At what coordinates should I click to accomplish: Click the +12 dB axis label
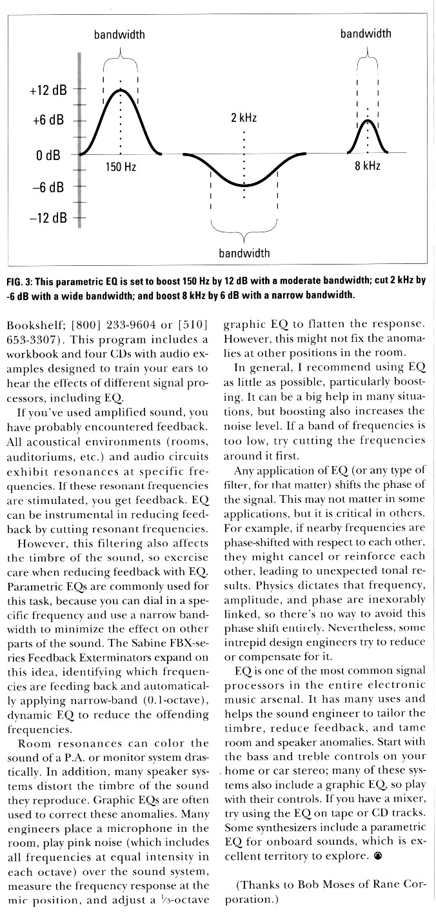pyautogui.click(x=48, y=90)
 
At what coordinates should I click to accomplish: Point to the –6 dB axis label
pyautogui.click(x=48, y=187)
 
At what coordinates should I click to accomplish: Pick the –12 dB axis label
pyautogui.click(x=48, y=217)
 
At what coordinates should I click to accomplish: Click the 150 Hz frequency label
pyautogui.click(x=121, y=167)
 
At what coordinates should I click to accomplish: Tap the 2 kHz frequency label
pyautogui.click(x=244, y=118)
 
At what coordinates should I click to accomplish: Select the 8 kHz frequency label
pyautogui.click(x=368, y=166)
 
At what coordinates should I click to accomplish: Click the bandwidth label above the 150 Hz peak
pyautogui.click(x=119, y=34)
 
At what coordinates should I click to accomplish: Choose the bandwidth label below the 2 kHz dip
pyautogui.click(x=244, y=253)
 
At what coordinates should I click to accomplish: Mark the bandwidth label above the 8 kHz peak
pyautogui.click(x=366, y=34)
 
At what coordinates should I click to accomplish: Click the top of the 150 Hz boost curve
pyautogui.click(x=121, y=90)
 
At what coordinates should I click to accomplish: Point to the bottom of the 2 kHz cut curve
pyautogui.click(x=244, y=185)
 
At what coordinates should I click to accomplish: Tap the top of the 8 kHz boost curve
pyautogui.click(x=368, y=121)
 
